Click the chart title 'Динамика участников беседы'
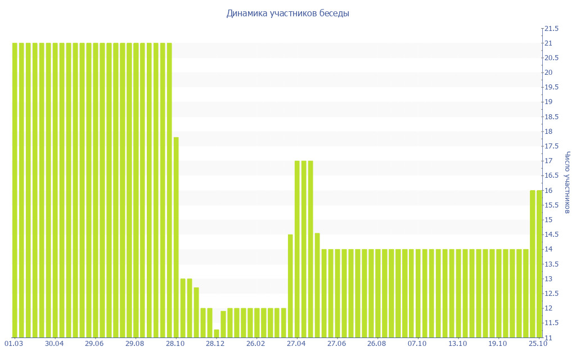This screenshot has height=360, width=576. point(287,13)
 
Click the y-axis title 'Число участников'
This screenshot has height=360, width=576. point(568,182)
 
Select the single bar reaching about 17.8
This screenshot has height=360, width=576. point(176,237)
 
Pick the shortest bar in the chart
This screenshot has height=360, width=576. point(217,333)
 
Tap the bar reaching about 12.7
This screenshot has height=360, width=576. point(196,312)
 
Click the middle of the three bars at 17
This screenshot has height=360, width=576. point(304,249)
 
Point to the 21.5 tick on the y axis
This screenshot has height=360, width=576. point(551,29)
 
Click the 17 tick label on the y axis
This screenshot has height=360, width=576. point(548,161)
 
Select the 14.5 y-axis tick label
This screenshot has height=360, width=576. point(551,235)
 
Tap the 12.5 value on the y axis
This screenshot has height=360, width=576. point(551,294)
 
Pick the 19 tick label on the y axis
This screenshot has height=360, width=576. point(548,102)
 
